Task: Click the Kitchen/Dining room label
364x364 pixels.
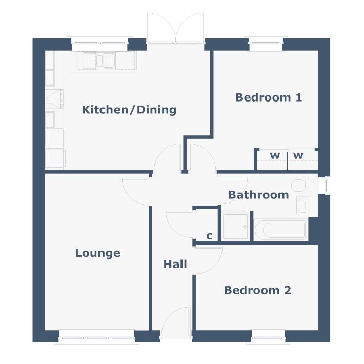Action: [x=129, y=109]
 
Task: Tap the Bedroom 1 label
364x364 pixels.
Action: [x=269, y=97]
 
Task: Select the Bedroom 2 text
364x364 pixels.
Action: [x=257, y=290]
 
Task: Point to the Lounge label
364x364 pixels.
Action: [x=97, y=253]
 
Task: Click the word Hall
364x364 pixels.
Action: [x=175, y=265]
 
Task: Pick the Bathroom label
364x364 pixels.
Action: [x=258, y=195]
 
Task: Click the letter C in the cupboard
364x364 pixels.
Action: [x=209, y=236]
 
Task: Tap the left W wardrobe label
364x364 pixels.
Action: [x=275, y=156]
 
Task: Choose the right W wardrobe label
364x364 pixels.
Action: [x=298, y=156]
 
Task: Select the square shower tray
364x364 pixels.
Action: [x=235, y=227]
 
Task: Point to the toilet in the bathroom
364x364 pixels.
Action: [x=298, y=185]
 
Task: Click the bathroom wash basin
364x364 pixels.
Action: [x=302, y=206]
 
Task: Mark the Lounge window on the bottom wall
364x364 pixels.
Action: [x=97, y=337]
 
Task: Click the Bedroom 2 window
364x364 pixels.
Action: [x=268, y=337]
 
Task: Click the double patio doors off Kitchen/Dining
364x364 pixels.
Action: [x=175, y=28]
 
